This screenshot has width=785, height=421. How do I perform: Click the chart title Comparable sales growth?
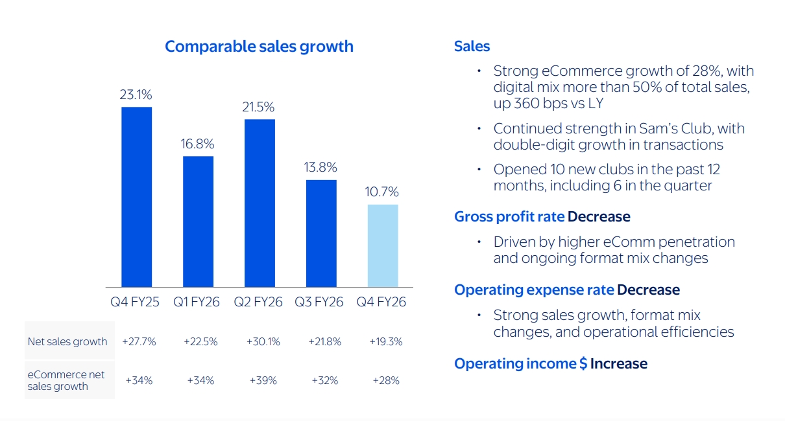coord(259,47)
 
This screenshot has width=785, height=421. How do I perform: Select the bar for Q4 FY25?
coord(137,197)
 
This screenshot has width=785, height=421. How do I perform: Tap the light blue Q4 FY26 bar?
coord(383,245)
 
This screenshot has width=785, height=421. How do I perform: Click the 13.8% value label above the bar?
coord(321,168)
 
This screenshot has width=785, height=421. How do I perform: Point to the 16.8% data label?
coord(198,144)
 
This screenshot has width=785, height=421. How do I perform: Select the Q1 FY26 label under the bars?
coord(197,302)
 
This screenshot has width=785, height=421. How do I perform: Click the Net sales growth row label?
coord(67,342)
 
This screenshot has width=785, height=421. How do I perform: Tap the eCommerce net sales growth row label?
coord(66,380)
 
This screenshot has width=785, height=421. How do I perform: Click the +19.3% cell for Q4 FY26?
coord(386,342)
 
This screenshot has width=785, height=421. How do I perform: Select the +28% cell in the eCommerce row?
coord(386,381)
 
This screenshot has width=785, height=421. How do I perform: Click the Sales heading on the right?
coord(472,47)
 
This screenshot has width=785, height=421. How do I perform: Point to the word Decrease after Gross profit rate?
coord(599,216)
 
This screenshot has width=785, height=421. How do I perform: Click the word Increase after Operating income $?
coord(618,364)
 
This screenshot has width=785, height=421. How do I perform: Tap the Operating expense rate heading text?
coord(534,290)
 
